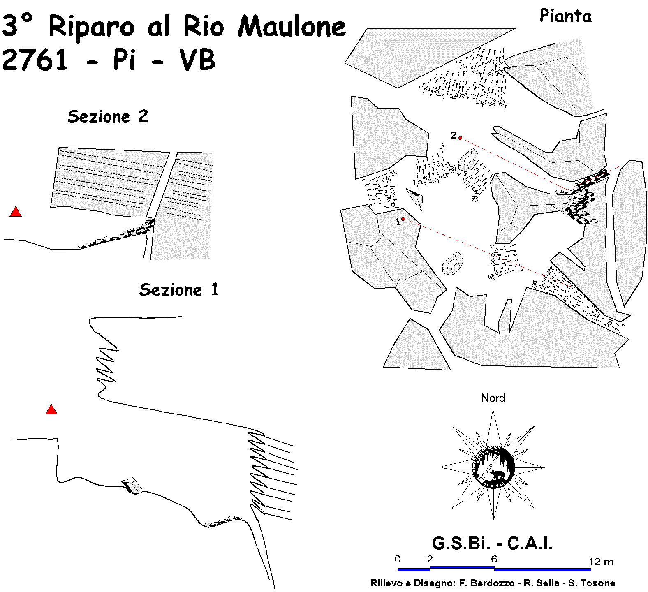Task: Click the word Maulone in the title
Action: [x=292, y=27]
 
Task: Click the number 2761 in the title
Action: [x=35, y=60]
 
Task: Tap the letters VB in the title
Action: [x=197, y=60]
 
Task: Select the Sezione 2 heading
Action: [x=108, y=117]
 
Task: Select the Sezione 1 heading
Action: [x=179, y=290]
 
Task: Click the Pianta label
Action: [x=565, y=16]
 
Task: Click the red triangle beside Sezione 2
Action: [x=16, y=212]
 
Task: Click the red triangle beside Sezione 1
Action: [x=51, y=410]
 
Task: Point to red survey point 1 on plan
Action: [x=403, y=219]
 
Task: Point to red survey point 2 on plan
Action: [x=461, y=138]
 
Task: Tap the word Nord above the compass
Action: [x=493, y=398]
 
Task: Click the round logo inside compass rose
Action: [x=493, y=467]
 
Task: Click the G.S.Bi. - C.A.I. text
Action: [x=492, y=543]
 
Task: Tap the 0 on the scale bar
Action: [x=398, y=559]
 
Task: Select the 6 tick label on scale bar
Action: [x=494, y=559]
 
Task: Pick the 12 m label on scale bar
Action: [x=601, y=562]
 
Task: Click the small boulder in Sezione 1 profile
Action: [x=132, y=486]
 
